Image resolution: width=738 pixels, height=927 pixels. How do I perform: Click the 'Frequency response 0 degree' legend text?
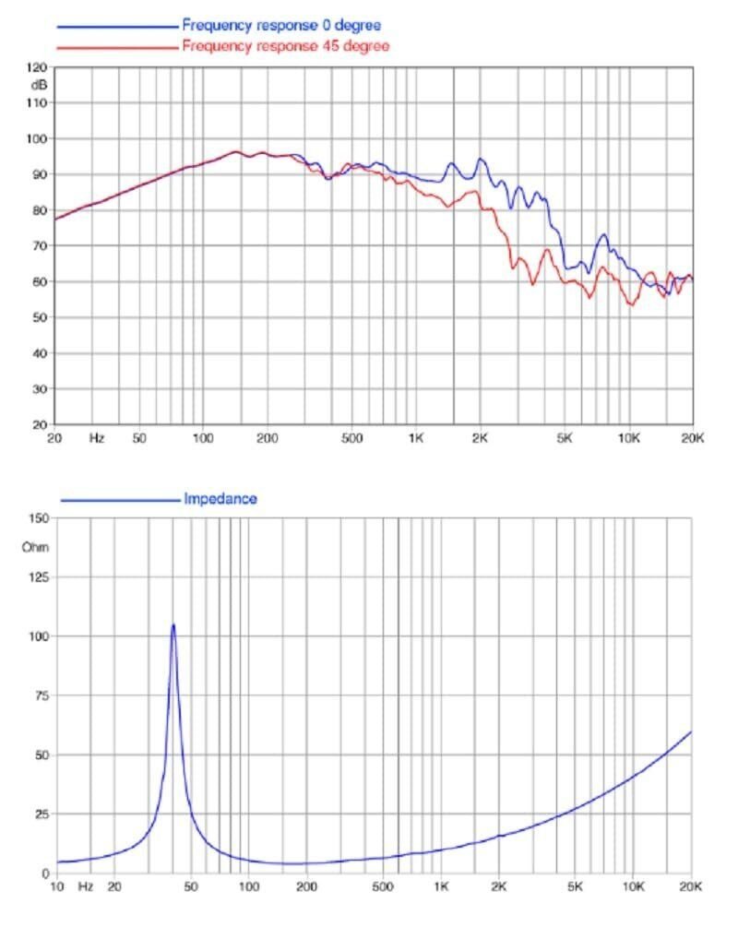[281, 25]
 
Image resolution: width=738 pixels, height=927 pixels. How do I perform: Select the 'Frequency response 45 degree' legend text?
[285, 45]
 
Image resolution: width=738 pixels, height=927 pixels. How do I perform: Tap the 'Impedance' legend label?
[220, 499]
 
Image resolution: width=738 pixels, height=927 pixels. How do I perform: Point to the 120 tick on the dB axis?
[37, 67]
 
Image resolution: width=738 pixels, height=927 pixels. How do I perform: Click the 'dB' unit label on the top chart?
[38, 84]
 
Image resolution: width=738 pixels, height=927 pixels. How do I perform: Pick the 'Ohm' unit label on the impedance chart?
[35, 547]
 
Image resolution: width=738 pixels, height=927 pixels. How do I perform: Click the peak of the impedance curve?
[173, 625]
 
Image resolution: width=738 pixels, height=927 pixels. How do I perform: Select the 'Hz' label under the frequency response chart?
[97, 439]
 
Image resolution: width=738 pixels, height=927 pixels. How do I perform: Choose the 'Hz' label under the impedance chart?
[85, 887]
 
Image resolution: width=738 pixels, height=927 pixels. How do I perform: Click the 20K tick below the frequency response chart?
[693, 439]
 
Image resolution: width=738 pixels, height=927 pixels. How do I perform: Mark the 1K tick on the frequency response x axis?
[416, 439]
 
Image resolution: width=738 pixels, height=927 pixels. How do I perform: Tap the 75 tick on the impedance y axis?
[39, 695]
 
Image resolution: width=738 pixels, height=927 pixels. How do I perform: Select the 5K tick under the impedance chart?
[576, 887]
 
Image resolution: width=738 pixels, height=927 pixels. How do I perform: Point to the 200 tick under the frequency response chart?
[266, 439]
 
